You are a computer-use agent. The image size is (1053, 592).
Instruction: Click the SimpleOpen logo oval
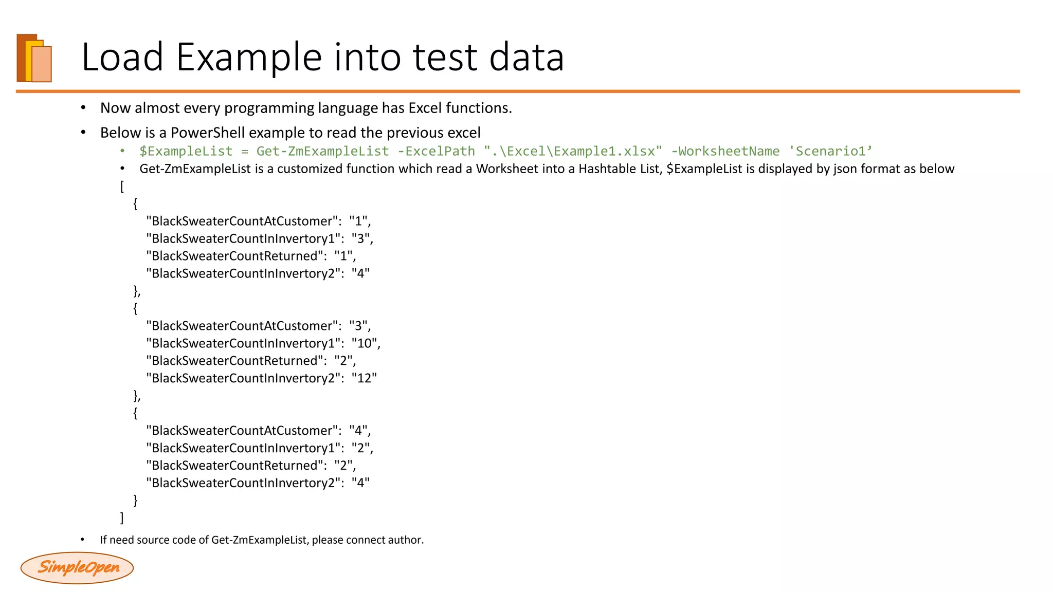pyautogui.click(x=77, y=567)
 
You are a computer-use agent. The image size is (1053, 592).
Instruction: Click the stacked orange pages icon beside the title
pyautogui.click(x=34, y=58)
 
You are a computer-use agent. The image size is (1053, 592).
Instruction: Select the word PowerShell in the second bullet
pyautogui.click(x=208, y=133)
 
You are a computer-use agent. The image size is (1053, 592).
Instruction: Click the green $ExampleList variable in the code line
pyautogui.click(x=186, y=151)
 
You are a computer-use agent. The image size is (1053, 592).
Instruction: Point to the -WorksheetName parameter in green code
pyautogui.click(x=725, y=151)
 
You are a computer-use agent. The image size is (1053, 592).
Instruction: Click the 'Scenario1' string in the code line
pyautogui.click(x=830, y=151)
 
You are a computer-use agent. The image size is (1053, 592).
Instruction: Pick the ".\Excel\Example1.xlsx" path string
pyautogui.click(x=573, y=151)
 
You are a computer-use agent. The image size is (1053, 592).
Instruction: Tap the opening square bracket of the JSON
pyautogui.click(x=122, y=186)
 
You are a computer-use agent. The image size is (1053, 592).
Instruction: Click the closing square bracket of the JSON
pyautogui.click(x=122, y=517)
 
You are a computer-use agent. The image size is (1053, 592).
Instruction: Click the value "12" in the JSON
pyautogui.click(x=364, y=378)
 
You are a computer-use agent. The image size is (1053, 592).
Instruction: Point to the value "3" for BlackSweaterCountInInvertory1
pyautogui.click(x=361, y=238)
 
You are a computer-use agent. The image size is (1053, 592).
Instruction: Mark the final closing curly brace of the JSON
pyautogui.click(x=135, y=500)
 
